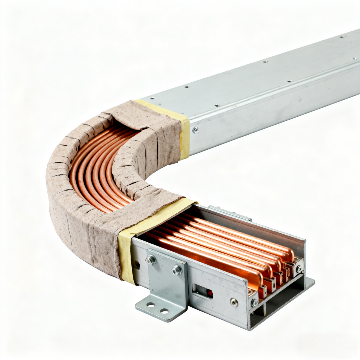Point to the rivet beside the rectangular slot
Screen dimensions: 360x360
coord(233,302)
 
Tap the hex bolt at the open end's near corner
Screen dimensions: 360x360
coord(255,302)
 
